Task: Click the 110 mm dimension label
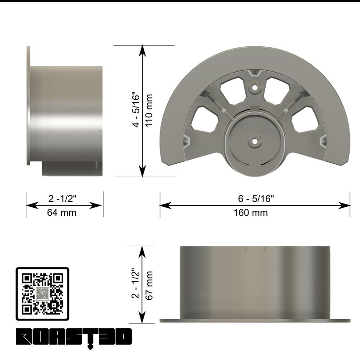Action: (x=149, y=110)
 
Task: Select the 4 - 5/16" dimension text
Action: (x=136, y=110)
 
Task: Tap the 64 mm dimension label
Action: (x=62, y=213)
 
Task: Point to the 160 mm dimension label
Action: (x=251, y=213)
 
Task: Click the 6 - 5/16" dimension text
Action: (x=256, y=199)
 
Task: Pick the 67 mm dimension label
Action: (x=149, y=285)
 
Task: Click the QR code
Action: (x=43, y=294)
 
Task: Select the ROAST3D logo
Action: (x=74, y=338)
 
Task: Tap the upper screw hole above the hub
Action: (x=255, y=87)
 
